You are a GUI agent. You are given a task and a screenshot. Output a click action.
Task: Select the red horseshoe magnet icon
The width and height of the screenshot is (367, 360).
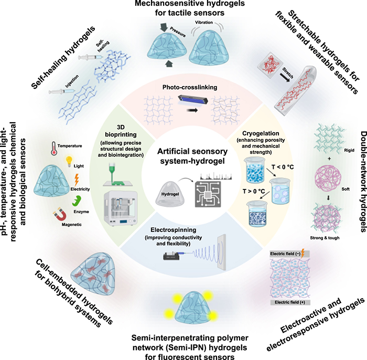(x=46, y=200)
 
